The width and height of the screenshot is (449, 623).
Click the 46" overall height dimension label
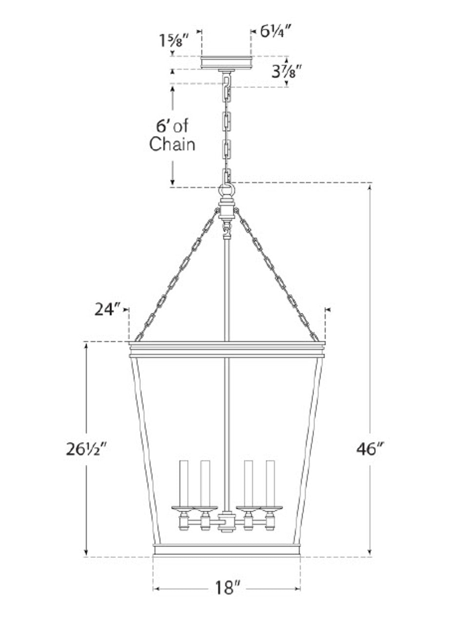pos(370,449)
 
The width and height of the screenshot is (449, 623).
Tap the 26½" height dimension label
pos(86,449)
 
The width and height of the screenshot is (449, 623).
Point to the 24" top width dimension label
pos(107,309)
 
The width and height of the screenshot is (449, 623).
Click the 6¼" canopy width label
pos(275,32)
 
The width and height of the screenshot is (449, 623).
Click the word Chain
pos(172,144)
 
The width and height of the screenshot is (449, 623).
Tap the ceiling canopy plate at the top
pos(227,62)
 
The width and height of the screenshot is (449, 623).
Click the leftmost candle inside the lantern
pos(184,482)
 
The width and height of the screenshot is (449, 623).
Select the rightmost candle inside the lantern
pos(271,482)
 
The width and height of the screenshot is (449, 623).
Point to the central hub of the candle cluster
pos(227,522)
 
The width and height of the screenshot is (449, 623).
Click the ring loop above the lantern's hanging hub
pos(227,189)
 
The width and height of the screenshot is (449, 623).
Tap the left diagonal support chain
pos(178,275)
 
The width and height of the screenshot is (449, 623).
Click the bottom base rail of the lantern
pos(227,550)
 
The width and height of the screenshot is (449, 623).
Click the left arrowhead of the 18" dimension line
pos(156,588)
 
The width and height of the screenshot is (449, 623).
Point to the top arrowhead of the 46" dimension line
pos(370,186)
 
